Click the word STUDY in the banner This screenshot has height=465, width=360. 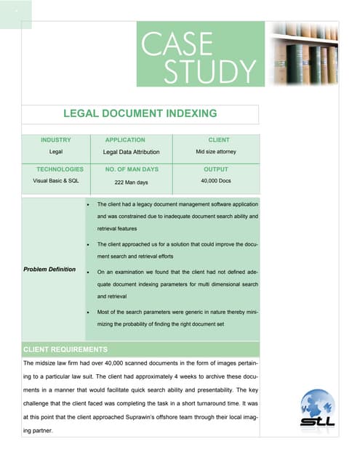point(209,72)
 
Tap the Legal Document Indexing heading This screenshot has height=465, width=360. point(140,113)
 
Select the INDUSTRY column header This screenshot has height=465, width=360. point(56,139)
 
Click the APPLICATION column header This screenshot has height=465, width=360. point(125,139)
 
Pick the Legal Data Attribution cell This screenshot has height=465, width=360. point(131,153)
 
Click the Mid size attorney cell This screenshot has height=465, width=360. point(215,152)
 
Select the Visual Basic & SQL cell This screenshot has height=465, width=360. point(51,180)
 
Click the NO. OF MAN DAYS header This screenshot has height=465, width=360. point(132,169)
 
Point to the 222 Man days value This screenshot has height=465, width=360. point(132,182)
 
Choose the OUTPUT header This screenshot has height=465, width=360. point(216,169)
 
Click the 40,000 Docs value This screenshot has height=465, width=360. point(216,180)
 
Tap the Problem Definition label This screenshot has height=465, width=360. point(49,270)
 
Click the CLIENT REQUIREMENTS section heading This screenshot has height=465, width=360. point(65,349)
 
